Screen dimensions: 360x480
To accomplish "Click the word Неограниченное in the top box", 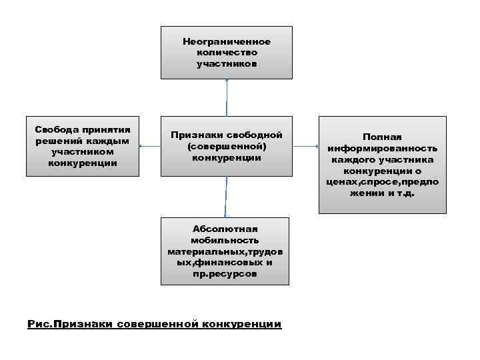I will [x=227, y=41].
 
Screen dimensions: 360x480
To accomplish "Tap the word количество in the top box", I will [x=227, y=53].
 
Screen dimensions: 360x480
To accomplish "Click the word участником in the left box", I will [x=83, y=151].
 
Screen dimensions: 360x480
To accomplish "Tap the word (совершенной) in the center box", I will [x=227, y=146].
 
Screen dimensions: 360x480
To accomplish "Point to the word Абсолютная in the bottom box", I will [x=225, y=229].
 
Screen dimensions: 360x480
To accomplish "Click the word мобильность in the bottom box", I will [x=225, y=240].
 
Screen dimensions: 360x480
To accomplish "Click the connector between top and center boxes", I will [x=227, y=99].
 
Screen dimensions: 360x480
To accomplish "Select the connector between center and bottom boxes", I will [x=227, y=196].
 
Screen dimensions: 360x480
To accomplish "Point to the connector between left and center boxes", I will [x=150, y=145].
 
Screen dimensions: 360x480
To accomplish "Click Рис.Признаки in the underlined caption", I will [x=70, y=325].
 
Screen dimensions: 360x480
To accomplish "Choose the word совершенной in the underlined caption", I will [x=157, y=325].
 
